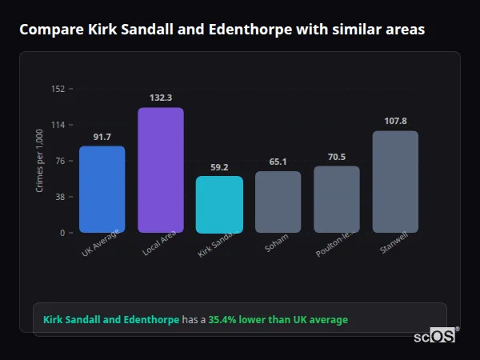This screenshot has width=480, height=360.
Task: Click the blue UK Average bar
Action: coord(102,190)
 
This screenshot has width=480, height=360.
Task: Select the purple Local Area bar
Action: coord(161,170)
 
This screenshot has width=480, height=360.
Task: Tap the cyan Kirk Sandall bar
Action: coord(219,205)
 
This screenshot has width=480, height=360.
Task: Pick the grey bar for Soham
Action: coord(278,202)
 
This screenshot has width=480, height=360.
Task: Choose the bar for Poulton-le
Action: coord(336,199)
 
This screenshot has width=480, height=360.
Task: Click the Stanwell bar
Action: coord(395,182)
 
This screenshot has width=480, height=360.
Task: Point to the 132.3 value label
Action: coord(161,98)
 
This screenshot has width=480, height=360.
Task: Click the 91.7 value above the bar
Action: coord(102,137)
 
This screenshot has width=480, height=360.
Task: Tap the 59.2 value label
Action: coord(219,167)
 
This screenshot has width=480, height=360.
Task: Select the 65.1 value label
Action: coord(278,162)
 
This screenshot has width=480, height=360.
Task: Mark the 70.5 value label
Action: coord(336,157)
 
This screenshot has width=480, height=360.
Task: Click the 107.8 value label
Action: coord(395,121)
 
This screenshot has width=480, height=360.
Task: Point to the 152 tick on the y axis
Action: coord(58,89)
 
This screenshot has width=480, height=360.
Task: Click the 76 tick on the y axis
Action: coord(60,161)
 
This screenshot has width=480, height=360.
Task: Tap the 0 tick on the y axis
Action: coord(62,233)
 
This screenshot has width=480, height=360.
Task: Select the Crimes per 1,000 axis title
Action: coord(40,161)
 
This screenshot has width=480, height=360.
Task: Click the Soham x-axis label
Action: coord(276,243)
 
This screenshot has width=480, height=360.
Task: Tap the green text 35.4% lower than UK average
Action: coord(278,320)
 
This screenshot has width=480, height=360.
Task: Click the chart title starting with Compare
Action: coord(222,30)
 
